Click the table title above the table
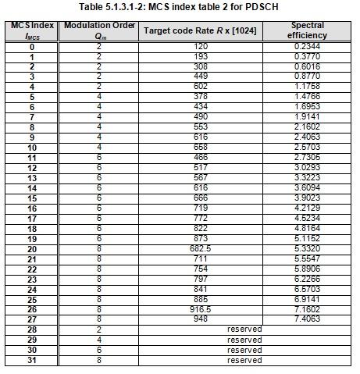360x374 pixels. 180,7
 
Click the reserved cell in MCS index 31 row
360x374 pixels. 244,359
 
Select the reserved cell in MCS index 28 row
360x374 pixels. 244,329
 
